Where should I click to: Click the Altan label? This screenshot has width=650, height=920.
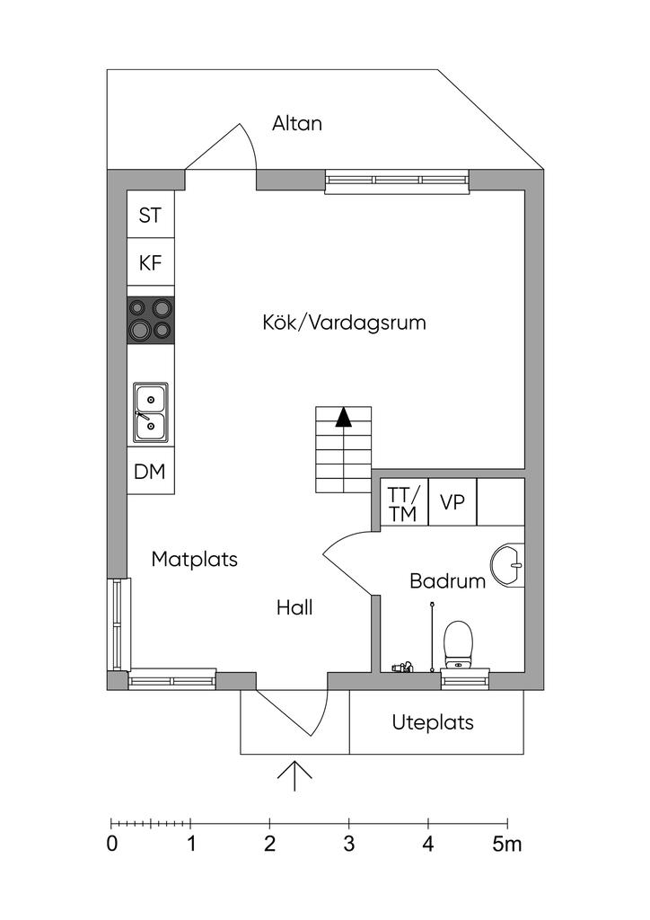tap(297, 123)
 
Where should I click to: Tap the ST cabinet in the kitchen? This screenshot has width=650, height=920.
tap(151, 214)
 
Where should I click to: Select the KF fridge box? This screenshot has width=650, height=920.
tap(151, 261)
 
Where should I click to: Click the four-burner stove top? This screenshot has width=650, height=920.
tap(151, 320)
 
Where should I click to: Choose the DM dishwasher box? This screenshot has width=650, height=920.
tap(151, 471)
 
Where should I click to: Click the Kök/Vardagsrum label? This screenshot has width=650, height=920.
tap(344, 323)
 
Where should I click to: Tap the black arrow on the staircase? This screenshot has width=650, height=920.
tap(344, 417)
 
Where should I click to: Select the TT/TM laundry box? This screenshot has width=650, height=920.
tap(404, 503)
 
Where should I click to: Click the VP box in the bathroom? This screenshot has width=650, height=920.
tap(452, 502)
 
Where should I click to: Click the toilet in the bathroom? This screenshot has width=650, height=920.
tap(459, 645)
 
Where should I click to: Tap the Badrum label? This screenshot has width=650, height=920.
tap(448, 581)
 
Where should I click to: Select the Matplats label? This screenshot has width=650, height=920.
tap(195, 559)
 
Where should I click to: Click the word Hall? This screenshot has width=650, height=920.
tap(294, 607)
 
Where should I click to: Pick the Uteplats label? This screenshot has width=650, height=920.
tap(433, 722)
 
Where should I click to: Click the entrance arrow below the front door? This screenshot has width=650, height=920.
tap(294, 776)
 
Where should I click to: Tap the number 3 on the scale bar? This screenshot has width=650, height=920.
tap(349, 845)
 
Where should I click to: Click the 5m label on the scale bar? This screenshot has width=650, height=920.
tap(507, 845)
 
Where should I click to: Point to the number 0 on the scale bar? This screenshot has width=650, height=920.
tap(112, 845)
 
